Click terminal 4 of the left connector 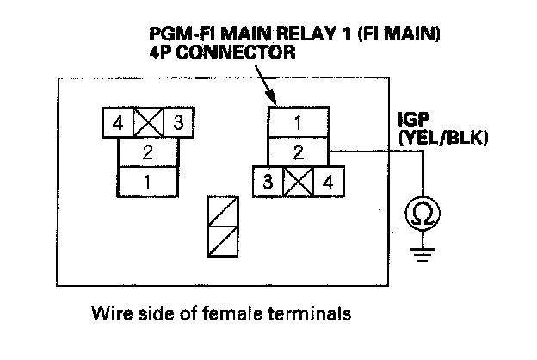tap(117, 123)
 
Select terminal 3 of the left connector tap(179, 123)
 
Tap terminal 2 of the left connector tap(148, 152)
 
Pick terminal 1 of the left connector tap(148, 182)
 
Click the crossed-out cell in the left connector tap(148, 123)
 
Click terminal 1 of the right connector tap(298, 122)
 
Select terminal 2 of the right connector tap(298, 152)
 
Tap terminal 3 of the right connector tap(268, 182)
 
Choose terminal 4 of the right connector tap(329, 182)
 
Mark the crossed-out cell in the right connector tap(299, 182)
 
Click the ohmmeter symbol tap(423, 214)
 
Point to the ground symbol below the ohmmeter tap(423, 254)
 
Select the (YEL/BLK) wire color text tap(443, 138)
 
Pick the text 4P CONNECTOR tap(223, 53)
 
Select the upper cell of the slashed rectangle tap(223, 211)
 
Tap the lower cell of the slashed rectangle tap(223, 241)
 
